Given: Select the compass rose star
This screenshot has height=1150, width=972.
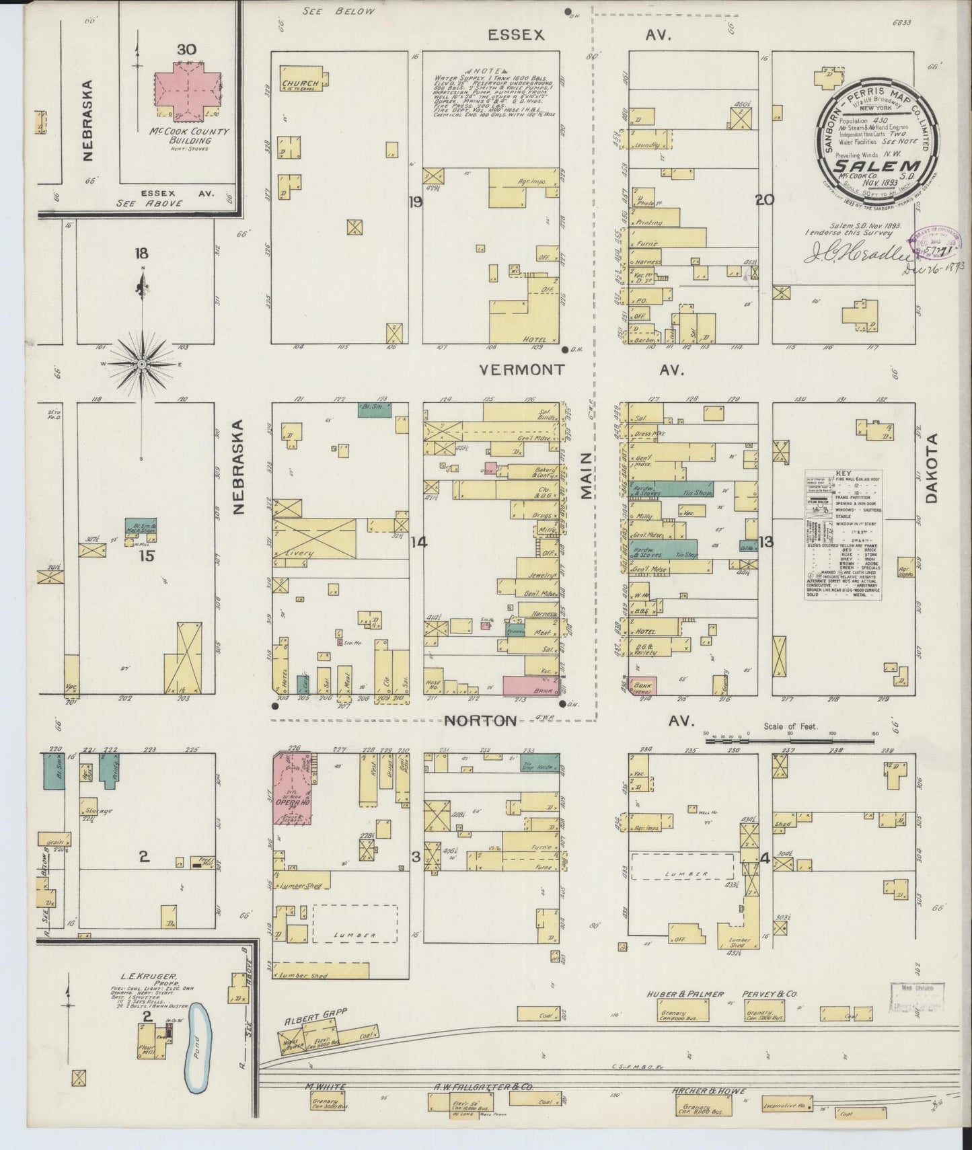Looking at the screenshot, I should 142,365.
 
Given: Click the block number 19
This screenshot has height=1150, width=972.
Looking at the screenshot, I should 415,201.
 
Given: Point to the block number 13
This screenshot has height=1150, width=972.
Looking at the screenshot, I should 764,542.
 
